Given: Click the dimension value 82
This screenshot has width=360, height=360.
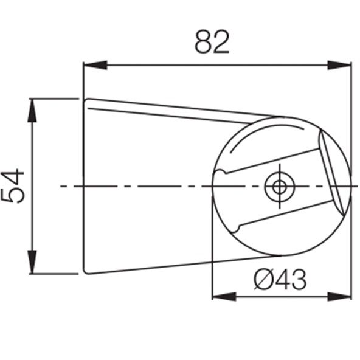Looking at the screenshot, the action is (212, 42).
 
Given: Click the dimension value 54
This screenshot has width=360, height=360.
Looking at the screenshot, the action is (13, 186).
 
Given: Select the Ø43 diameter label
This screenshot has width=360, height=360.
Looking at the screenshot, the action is (280, 280).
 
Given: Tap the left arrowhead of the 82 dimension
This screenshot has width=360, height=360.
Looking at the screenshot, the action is (95, 65).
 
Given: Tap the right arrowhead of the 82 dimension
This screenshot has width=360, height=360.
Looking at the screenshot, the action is (339, 65).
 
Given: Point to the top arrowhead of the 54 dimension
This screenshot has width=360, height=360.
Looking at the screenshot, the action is (32, 110).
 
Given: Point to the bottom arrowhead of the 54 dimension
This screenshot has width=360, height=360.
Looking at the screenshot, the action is (32, 262).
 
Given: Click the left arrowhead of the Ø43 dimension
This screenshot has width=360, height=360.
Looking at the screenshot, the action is (224, 297).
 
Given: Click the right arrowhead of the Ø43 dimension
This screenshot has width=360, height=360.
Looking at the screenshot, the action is (339, 297).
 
